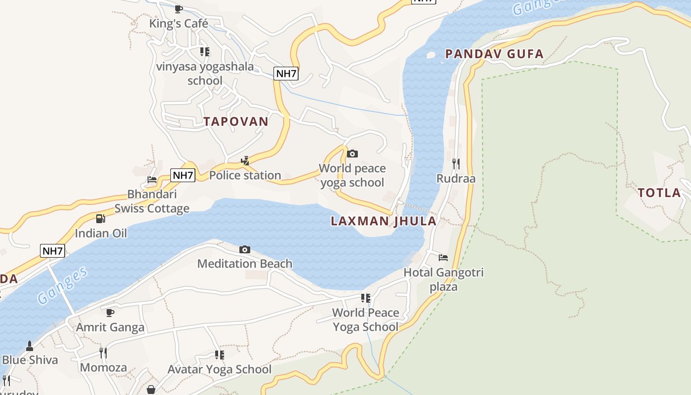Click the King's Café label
point(179,23)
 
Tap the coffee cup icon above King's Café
point(179,8)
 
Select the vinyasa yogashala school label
point(205,73)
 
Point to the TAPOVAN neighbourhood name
point(236,121)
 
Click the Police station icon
point(245,160)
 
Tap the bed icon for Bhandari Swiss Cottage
point(152,180)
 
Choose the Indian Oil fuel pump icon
point(101,218)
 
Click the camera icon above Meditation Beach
point(245,249)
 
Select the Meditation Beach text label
point(245,264)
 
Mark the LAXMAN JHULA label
point(384,221)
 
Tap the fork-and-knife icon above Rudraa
point(456,163)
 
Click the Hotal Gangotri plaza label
point(443,279)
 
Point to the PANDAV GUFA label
point(495,54)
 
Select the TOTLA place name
point(659,193)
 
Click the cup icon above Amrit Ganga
point(110,312)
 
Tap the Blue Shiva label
point(30,359)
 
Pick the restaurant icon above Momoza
point(103,353)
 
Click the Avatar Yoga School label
point(219,369)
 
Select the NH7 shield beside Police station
point(183,175)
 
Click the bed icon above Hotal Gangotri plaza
point(443,257)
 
